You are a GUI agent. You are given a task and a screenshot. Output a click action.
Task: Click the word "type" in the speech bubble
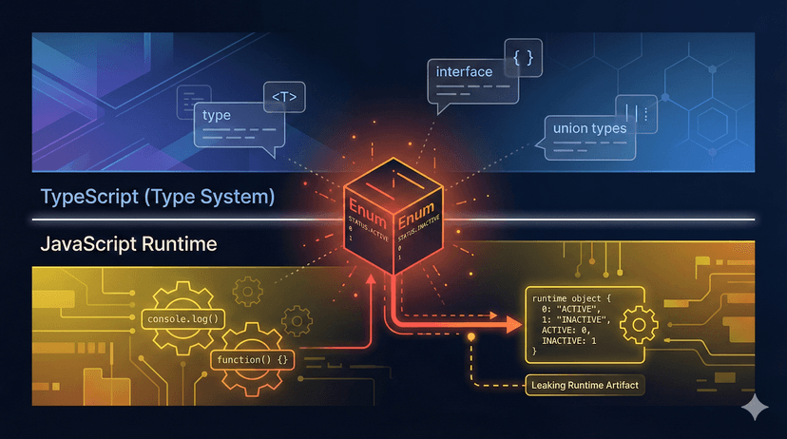(x=217, y=116)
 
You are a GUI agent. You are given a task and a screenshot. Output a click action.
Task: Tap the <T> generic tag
(x=282, y=98)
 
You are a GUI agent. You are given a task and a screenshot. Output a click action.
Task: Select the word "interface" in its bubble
(x=464, y=71)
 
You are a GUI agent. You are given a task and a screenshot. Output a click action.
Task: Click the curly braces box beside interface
(x=523, y=58)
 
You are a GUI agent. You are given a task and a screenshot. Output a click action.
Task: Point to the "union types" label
(x=588, y=128)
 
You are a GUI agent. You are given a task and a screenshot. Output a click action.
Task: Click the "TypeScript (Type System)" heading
(x=158, y=198)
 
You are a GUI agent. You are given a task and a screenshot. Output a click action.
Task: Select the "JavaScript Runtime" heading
(x=127, y=244)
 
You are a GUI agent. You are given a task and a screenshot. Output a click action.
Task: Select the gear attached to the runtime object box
(x=638, y=326)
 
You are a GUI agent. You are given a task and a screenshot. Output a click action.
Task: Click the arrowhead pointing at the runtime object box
(x=513, y=324)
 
